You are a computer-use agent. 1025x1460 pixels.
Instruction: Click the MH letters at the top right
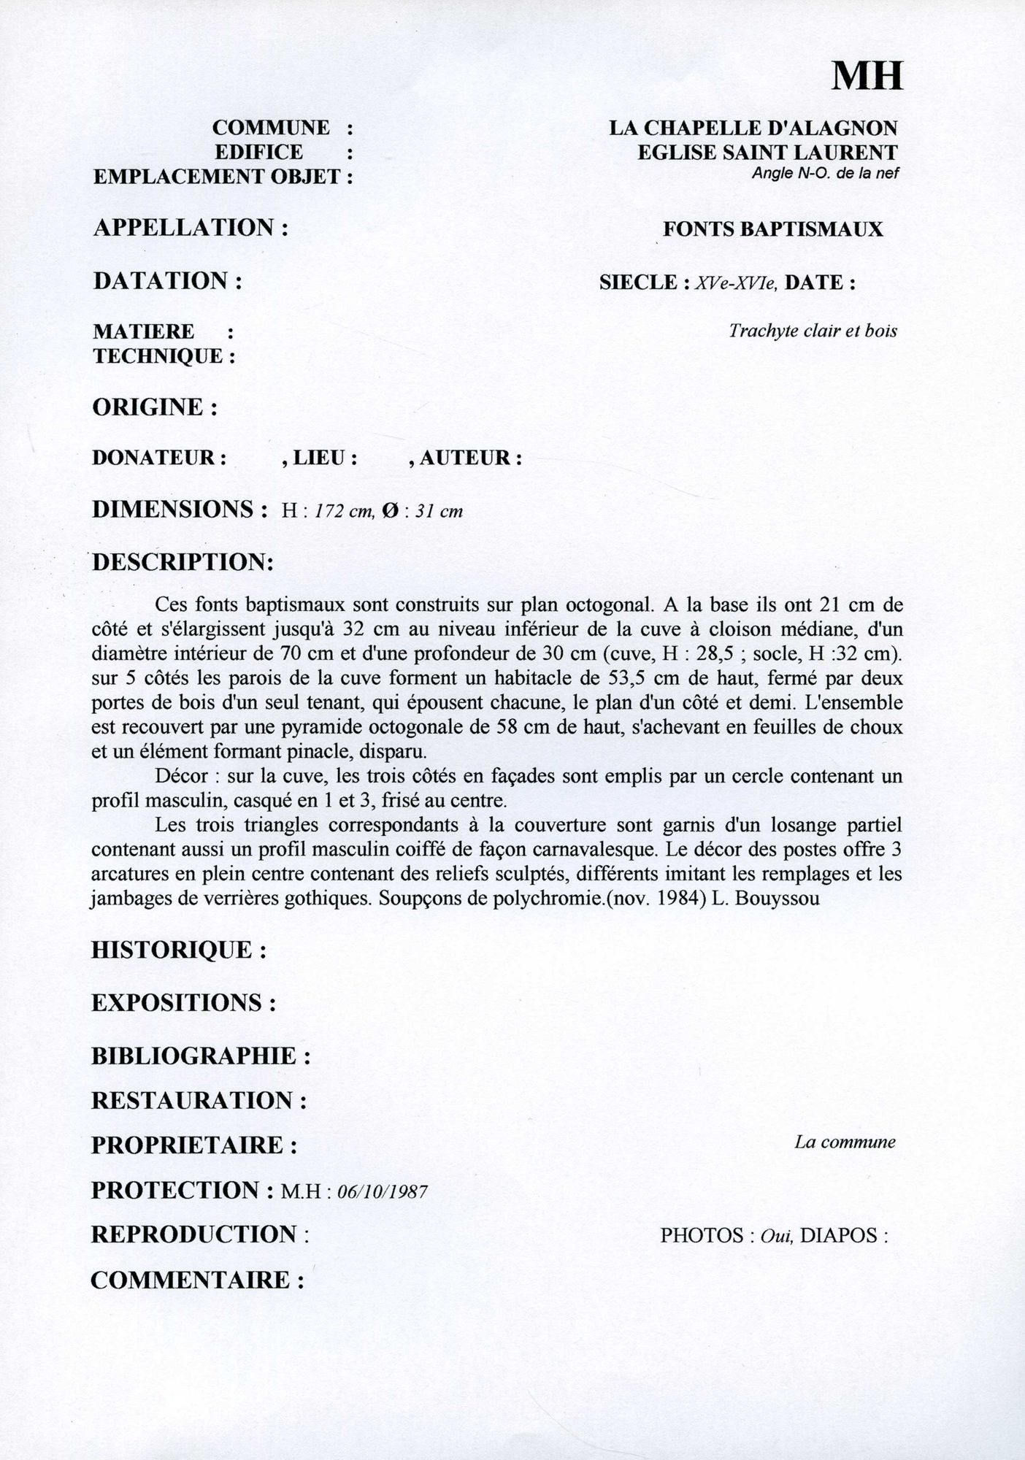867,75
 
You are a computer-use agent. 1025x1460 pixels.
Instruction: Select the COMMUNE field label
271,128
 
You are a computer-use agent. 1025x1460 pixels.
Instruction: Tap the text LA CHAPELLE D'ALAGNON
753,128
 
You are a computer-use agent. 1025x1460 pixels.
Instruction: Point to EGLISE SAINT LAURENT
767,153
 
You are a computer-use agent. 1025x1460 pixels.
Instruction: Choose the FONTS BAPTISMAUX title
772,229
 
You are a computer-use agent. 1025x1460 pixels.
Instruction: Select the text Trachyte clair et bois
813,331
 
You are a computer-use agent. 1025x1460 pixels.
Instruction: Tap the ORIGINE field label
155,407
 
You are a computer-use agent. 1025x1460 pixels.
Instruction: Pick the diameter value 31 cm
439,511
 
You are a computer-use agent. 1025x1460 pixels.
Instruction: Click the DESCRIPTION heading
183,562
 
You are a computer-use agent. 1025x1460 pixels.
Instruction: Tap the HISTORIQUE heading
178,950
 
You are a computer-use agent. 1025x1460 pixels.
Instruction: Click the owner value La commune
845,1142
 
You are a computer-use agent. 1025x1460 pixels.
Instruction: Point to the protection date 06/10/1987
383,1192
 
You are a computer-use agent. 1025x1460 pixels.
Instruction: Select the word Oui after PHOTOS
776,1236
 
